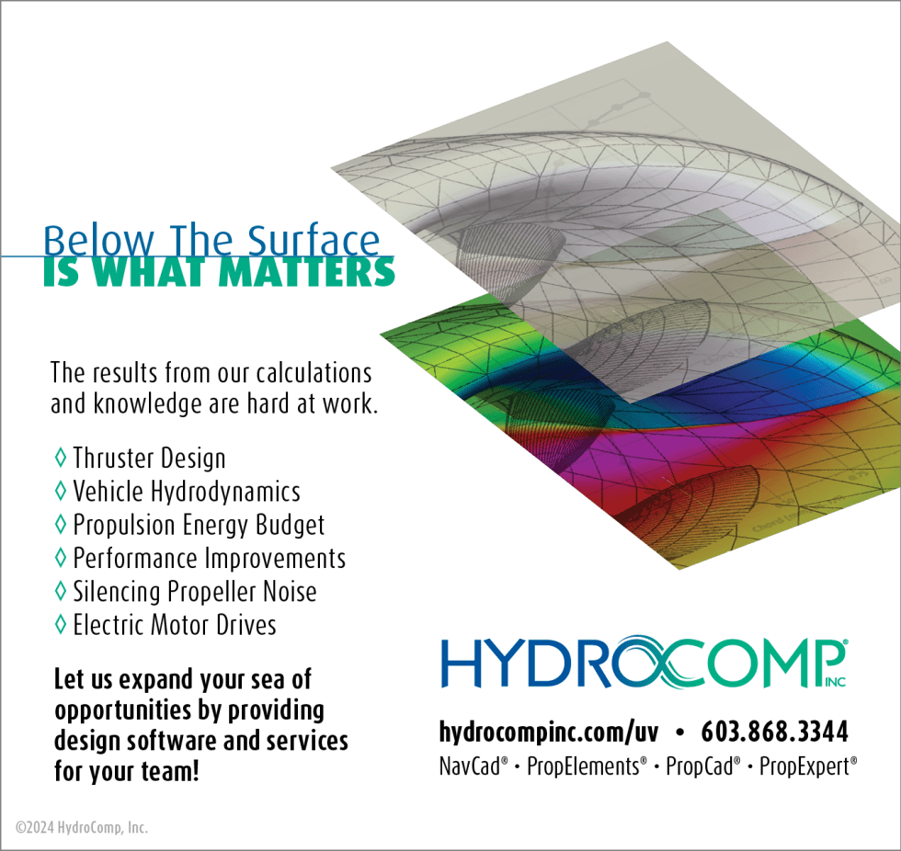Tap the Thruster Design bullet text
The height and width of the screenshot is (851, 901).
(x=149, y=458)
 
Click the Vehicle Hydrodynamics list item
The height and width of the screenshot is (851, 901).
(x=187, y=492)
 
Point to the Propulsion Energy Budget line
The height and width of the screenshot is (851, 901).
(x=199, y=525)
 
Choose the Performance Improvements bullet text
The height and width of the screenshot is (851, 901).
(x=210, y=558)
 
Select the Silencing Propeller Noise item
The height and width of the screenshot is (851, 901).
(x=195, y=592)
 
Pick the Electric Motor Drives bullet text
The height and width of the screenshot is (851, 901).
(x=175, y=626)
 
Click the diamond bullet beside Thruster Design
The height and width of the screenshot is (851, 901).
(x=61, y=457)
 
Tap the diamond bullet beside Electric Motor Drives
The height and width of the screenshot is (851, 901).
(x=61, y=625)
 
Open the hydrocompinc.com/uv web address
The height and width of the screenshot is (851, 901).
(x=549, y=732)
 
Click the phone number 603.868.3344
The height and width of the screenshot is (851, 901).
(x=774, y=732)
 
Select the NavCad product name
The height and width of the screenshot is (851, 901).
(x=473, y=766)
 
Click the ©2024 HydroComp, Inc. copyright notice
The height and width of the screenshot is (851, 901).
(x=82, y=827)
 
